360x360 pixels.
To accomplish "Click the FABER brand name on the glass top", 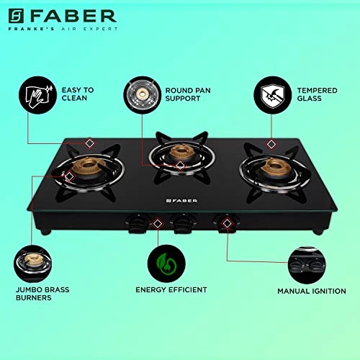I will coord(176,199).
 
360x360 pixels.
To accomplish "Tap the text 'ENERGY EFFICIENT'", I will coord(171,289).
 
